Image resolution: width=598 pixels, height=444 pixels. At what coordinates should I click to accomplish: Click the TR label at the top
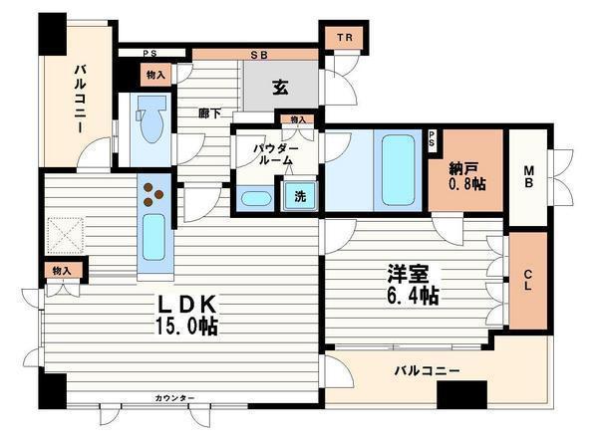[x=344, y=40]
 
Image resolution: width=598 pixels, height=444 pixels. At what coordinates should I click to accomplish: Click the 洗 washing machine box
[x=299, y=196]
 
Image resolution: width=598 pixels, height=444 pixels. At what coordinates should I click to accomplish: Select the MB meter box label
[x=529, y=175]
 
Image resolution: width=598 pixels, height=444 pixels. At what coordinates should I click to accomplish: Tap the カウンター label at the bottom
[x=174, y=398]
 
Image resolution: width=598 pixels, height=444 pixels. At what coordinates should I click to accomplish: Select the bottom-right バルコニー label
[x=427, y=370]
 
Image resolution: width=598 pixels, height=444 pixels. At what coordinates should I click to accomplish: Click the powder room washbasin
[x=256, y=197]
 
